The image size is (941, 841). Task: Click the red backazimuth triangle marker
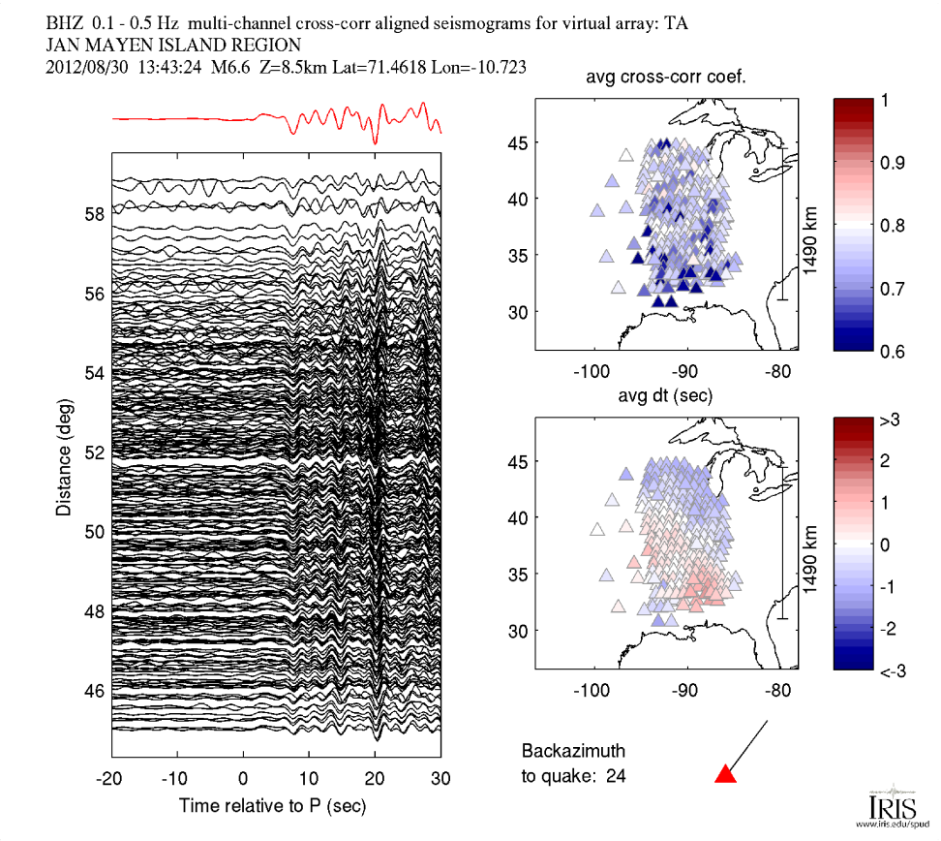725,773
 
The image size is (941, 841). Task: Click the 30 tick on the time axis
440,778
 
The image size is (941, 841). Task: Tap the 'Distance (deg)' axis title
62,451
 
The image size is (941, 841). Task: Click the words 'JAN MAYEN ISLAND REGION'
173,45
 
